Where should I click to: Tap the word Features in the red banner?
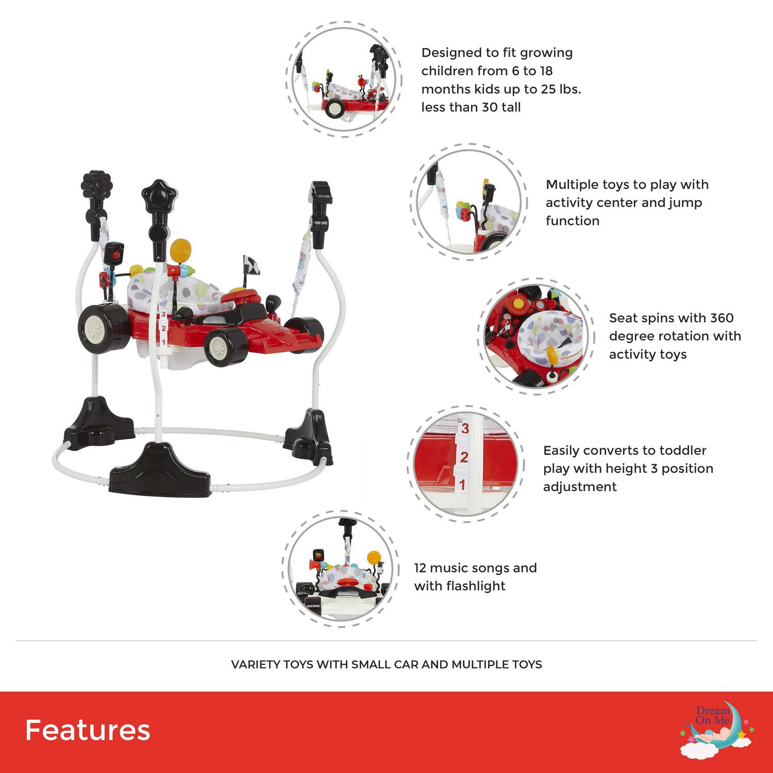coord(88,730)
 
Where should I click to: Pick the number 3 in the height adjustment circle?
coord(465,428)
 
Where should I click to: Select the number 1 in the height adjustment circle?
coord(462,484)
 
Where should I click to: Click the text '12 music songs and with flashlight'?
coord(475,577)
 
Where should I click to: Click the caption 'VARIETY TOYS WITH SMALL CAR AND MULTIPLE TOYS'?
coord(386,664)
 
